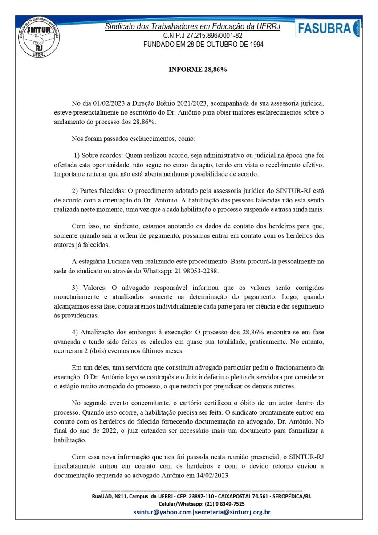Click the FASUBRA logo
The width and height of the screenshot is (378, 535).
coord(327,28)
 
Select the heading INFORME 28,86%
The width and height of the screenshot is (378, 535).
coord(198,70)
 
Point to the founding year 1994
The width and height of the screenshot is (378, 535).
coord(255,45)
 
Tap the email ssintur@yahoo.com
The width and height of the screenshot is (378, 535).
coord(162,512)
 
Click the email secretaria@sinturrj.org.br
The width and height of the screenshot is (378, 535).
coord(232,512)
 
